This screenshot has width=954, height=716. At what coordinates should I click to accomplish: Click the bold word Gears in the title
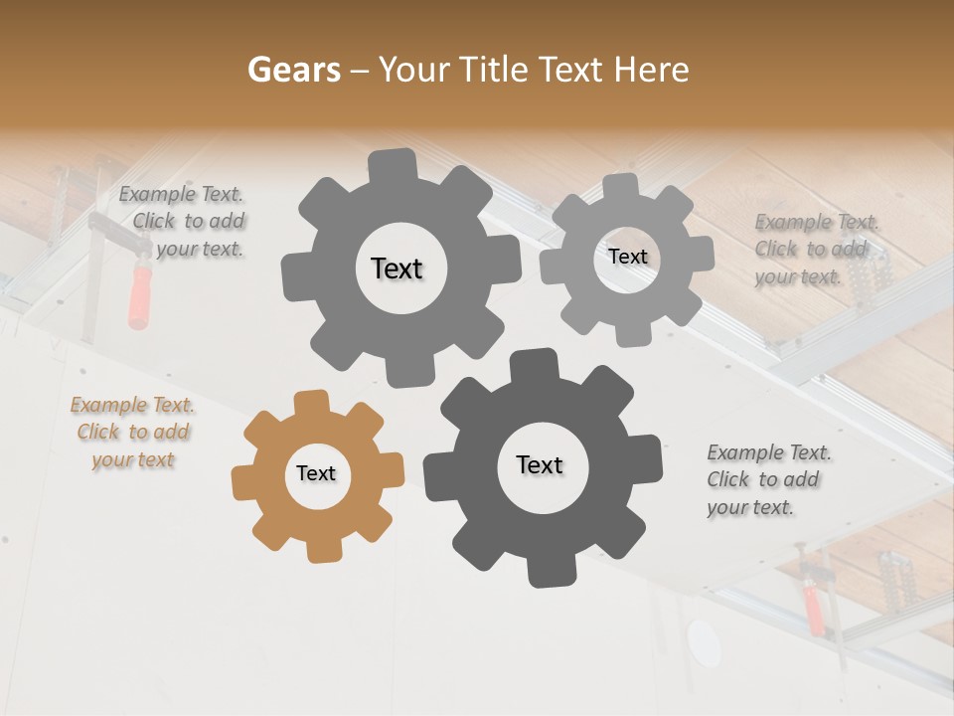(x=293, y=70)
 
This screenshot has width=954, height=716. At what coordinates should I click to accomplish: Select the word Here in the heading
(x=650, y=70)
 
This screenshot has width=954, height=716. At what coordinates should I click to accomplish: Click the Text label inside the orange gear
(x=316, y=473)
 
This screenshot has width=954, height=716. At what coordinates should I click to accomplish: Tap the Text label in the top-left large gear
(x=397, y=268)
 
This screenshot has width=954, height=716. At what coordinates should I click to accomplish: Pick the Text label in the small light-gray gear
(x=627, y=257)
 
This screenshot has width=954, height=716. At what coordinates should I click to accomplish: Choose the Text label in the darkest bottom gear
(x=540, y=464)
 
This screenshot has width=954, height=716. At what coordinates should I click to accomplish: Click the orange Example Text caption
(x=133, y=433)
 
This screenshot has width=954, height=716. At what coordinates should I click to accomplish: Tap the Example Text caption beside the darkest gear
(x=768, y=479)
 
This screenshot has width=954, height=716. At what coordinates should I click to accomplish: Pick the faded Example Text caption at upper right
(x=817, y=249)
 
